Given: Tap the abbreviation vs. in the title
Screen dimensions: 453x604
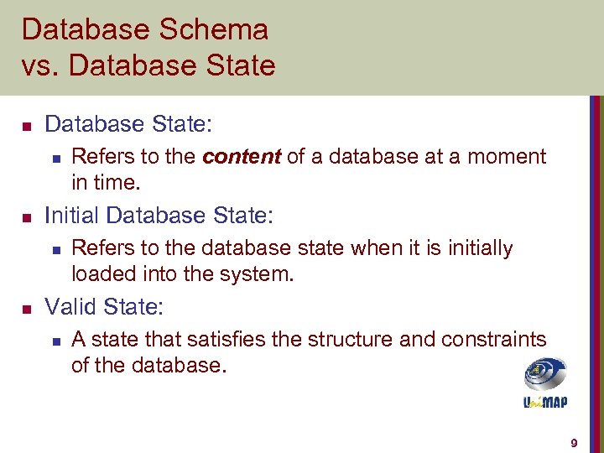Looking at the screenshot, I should click(x=36, y=65).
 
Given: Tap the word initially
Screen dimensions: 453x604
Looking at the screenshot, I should click(x=471, y=248).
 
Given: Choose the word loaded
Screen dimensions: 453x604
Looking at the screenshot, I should click(x=100, y=273).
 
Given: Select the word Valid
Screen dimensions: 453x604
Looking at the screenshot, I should click(x=70, y=307).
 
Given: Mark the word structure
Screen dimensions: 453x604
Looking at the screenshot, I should click(x=346, y=340).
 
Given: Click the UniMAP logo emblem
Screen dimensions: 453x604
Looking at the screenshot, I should click(x=545, y=375).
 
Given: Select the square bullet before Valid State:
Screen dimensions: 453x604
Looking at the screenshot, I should click(x=26, y=308).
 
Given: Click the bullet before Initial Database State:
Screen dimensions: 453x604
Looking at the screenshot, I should click(x=26, y=216).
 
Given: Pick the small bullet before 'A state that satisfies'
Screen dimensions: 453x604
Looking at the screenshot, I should click(x=55, y=341).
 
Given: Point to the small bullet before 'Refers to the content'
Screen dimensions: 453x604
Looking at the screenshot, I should click(x=55, y=158).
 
